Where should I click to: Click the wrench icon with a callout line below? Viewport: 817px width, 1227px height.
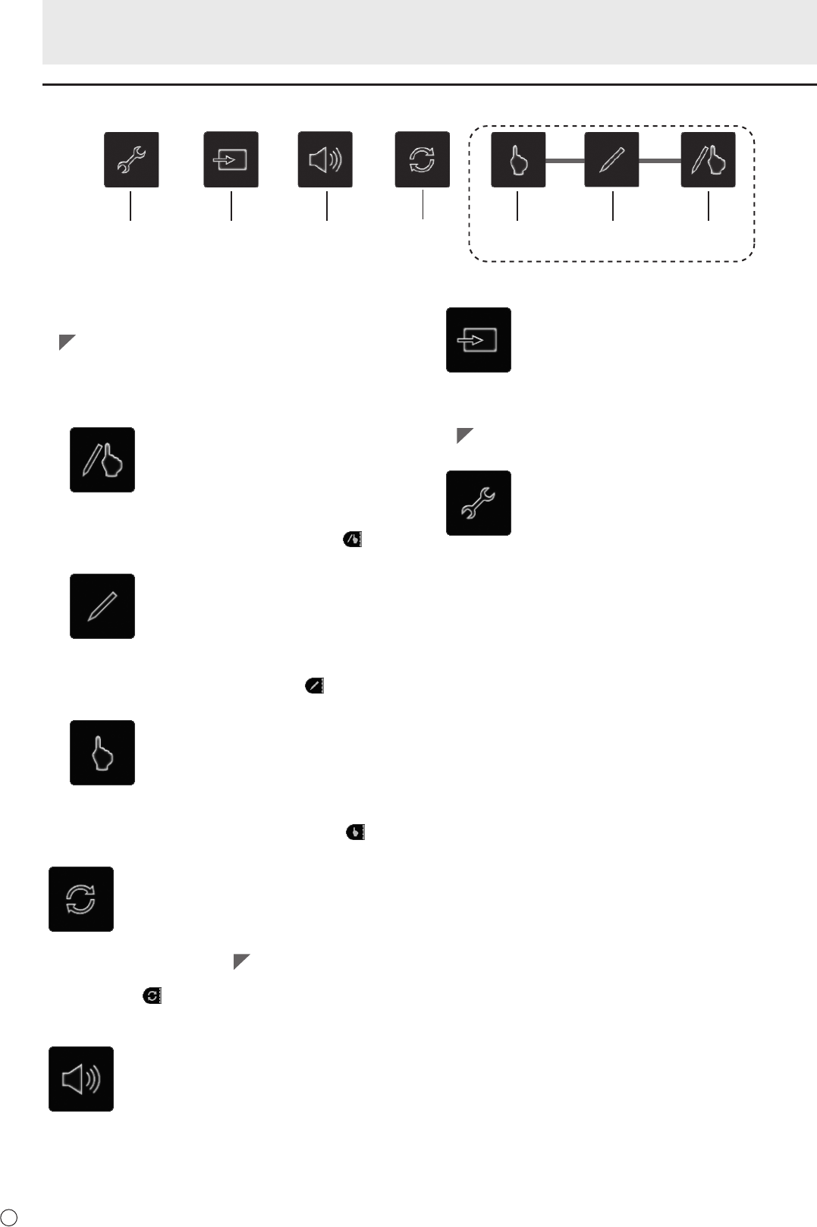pos(131,159)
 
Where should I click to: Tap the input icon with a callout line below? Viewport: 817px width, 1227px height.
pos(231,159)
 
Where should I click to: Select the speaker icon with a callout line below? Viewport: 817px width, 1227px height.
pos(325,159)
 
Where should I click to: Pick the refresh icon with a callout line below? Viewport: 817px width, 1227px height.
pos(423,159)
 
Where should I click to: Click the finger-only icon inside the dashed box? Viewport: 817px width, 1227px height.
pos(518,159)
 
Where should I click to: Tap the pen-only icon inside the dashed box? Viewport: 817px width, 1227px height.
pos(611,159)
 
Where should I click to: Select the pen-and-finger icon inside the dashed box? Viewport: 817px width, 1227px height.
pos(708,159)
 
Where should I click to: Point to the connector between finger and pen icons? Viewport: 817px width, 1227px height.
pos(565,160)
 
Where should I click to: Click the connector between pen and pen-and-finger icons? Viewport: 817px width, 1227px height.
pos(660,160)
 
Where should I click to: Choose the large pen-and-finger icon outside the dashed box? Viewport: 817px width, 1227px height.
pos(102,460)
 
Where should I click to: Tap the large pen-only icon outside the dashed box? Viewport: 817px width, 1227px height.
pos(102,606)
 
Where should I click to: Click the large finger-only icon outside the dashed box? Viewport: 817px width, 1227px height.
pos(102,753)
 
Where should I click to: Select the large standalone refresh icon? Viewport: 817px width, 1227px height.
pos(81,899)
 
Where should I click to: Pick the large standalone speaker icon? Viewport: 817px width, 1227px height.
pos(81,1079)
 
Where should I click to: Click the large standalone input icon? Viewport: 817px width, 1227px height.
pos(479,340)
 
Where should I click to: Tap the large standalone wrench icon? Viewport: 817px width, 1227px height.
pos(479,503)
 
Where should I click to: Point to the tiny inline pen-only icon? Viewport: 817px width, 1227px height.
pos(314,686)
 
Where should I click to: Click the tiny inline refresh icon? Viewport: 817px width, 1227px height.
pos(152,996)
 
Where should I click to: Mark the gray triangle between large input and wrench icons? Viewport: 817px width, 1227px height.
pos(464,436)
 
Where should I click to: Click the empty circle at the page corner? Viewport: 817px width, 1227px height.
pos(9,1216)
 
